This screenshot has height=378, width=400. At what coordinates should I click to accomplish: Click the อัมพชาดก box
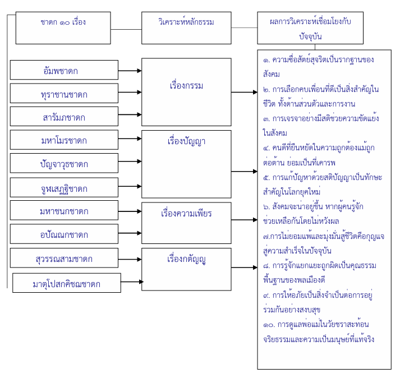point(65,71)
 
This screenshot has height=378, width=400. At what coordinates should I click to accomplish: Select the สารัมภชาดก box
point(65,117)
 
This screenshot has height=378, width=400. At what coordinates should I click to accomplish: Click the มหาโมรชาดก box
point(65,140)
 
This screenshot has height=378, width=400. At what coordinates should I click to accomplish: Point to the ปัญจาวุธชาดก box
point(65,163)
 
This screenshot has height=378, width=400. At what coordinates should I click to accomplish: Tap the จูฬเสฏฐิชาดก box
point(65,187)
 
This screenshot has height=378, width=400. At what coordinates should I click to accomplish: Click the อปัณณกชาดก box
point(65,234)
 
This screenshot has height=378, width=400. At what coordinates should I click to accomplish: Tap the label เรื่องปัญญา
point(186,141)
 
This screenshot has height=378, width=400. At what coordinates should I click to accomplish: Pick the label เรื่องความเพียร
point(186,214)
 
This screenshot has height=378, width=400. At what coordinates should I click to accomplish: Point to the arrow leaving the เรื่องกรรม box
point(244,91)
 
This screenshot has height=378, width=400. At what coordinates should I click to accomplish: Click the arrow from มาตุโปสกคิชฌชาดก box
point(131,283)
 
